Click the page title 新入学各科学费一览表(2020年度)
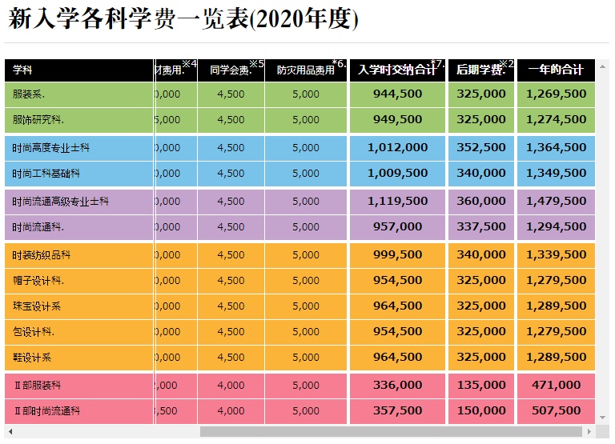[x=183, y=20]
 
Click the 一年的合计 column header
[x=556, y=70]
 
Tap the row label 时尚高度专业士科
[x=51, y=148]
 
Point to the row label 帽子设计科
[x=38, y=281]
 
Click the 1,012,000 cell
[x=397, y=148]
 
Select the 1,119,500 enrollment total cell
[x=397, y=202]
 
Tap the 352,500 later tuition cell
[x=480, y=148]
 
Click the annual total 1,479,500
[x=556, y=202]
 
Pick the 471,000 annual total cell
[x=556, y=386]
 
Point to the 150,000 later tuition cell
[x=480, y=411]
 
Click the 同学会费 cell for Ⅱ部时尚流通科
[x=231, y=411]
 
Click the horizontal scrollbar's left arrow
[x=10, y=432]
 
